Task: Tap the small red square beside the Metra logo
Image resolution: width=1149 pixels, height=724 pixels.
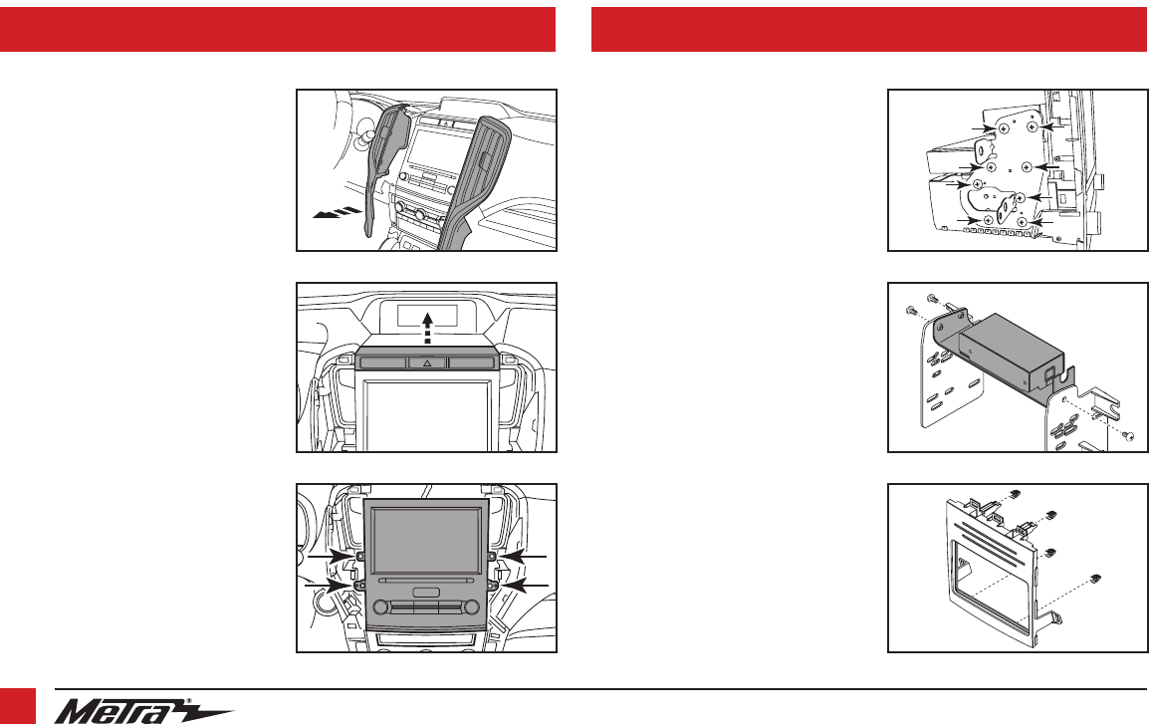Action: (x=18, y=706)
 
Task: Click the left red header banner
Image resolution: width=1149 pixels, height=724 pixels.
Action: (x=278, y=29)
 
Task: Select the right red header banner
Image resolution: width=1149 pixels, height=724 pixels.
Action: (x=870, y=29)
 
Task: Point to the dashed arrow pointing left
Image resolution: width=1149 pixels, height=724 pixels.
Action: (x=336, y=213)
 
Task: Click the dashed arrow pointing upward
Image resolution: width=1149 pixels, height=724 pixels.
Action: (x=427, y=326)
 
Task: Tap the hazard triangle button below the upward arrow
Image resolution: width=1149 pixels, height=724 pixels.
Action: (x=427, y=362)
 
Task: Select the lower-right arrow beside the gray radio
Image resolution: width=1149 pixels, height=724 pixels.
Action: (x=524, y=585)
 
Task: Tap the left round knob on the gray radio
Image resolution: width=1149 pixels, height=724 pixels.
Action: (x=380, y=606)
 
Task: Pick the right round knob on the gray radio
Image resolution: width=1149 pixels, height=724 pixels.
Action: (x=472, y=606)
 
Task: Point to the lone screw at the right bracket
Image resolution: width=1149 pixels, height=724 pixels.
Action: (x=1129, y=437)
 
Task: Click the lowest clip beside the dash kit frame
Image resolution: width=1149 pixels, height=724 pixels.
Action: (x=1096, y=578)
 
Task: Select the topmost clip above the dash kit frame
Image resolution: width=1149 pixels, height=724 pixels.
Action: (x=1015, y=493)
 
